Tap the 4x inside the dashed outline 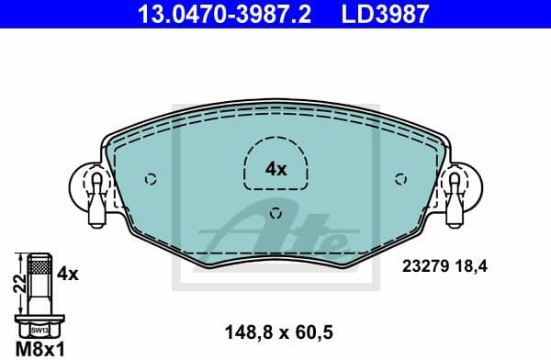point(275,169)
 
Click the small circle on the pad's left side point(151,179)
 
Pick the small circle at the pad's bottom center point(276,215)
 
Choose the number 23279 point(423,268)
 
